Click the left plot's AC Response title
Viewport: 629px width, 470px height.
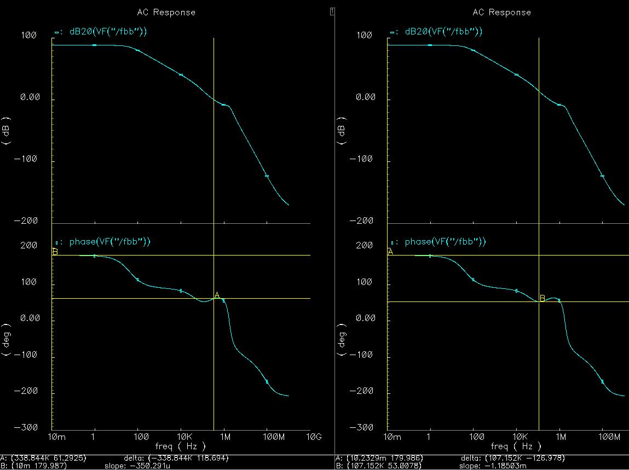pos(166,12)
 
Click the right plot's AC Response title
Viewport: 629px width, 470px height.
pos(501,12)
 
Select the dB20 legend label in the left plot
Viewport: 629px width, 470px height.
pos(104,32)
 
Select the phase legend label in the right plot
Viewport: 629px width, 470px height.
pos(441,241)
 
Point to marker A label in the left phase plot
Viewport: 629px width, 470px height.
pos(217,295)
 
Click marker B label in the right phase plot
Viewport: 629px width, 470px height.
pos(543,298)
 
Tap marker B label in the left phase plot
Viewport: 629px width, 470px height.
pos(55,252)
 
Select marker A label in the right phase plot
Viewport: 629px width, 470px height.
pos(390,252)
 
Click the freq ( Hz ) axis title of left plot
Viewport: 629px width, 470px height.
pos(181,446)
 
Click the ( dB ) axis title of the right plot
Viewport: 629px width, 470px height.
pos(342,130)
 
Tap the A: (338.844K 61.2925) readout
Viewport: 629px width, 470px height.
pos(43,458)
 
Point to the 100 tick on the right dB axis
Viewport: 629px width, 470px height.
pos(363,35)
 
